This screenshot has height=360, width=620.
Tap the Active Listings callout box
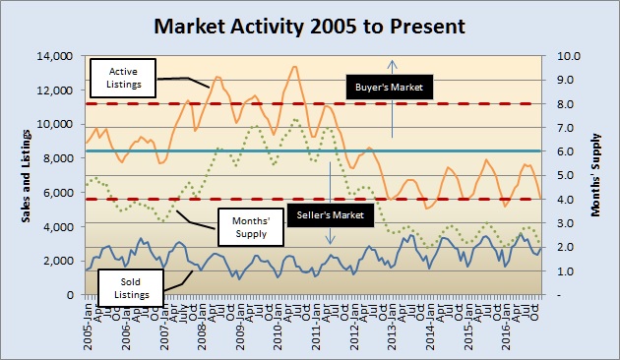point(122,78)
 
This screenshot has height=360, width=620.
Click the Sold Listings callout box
point(126,284)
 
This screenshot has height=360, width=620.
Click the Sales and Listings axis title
point(29,175)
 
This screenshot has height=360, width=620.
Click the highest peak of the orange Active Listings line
point(294,66)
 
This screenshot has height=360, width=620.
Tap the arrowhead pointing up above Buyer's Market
point(392,63)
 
